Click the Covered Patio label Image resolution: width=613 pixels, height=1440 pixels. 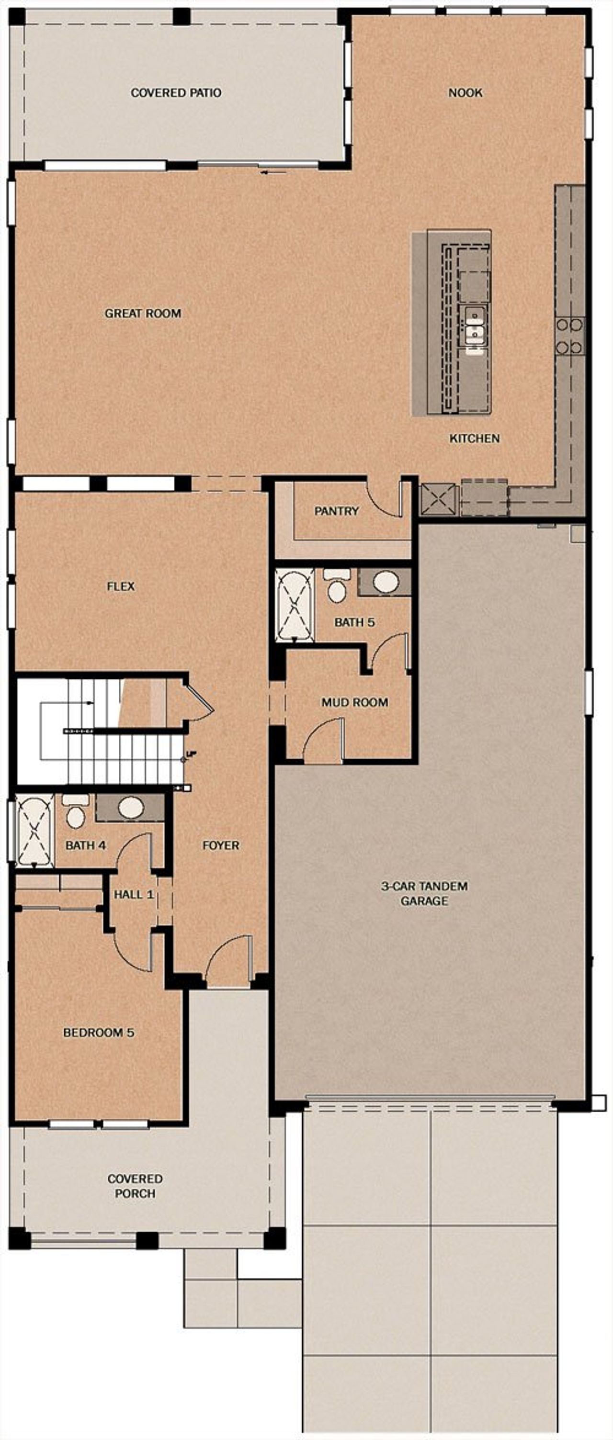pyautogui.click(x=176, y=93)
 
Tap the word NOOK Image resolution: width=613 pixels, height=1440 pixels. pyautogui.click(x=465, y=93)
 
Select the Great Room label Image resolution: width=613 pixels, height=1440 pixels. pyautogui.click(x=143, y=314)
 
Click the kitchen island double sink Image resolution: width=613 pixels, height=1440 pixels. pyautogui.click(x=474, y=330)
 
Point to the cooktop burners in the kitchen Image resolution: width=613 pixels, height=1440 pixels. pyautogui.click(x=569, y=336)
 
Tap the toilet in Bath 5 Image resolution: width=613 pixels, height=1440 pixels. pyautogui.click(x=336, y=587)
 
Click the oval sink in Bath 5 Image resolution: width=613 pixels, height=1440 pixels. pyautogui.click(x=386, y=581)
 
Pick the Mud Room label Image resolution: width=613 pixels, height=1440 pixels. pyautogui.click(x=354, y=702)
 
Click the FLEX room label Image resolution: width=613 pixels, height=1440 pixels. pyautogui.click(x=121, y=586)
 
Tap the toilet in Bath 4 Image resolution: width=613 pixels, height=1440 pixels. pyautogui.click(x=75, y=814)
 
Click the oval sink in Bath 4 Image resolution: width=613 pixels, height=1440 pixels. pyautogui.click(x=130, y=807)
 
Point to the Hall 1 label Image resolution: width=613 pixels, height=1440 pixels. pyautogui.click(x=133, y=894)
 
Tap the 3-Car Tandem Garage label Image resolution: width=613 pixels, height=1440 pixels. pyautogui.click(x=424, y=893)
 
